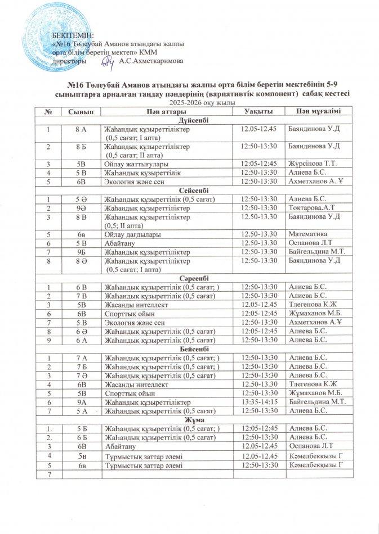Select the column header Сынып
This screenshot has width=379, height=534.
point(81,112)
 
